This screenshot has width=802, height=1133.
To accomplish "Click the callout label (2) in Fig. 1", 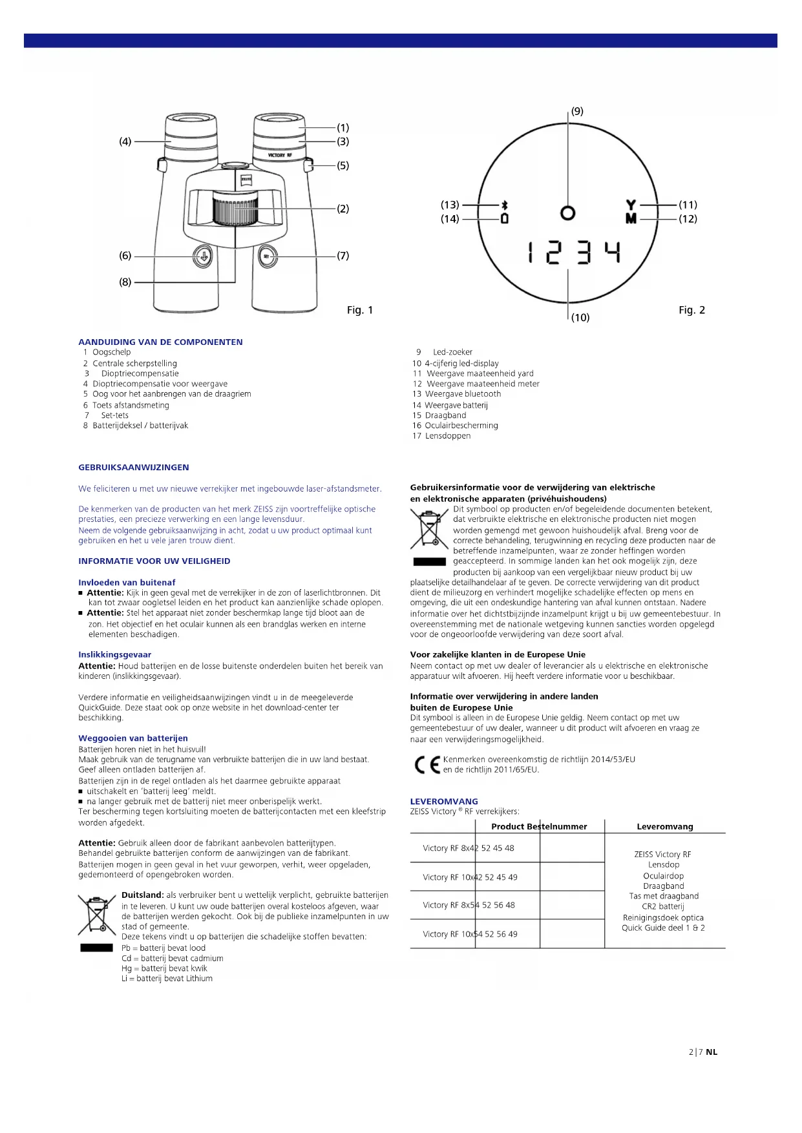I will pyautogui.click(x=343, y=209).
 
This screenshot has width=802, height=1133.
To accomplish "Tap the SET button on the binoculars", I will pyautogui.click(x=268, y=256).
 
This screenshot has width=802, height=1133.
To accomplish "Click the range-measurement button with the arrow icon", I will pyautogui.click(x=202, y=256).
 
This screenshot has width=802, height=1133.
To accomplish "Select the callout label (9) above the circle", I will pyautogui.click(x=577, y=111).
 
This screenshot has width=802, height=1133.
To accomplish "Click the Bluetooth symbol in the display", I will pyautogui.click(x=505, y=205).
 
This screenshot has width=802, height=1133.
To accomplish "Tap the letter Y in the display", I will pyautogui.click(x=631, y=205).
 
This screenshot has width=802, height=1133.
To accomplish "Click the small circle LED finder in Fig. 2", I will pyautogui.click(x=567, y=213).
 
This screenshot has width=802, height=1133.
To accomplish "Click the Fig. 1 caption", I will pyautogui.click(x=360, y=310).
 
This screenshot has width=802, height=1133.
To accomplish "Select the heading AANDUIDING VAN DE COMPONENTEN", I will pyautogui.click(x=160, y=342).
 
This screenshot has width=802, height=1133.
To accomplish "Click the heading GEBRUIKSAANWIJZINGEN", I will pyautogui.click(x=134, y=467).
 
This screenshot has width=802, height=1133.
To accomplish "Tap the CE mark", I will pyautogui.click(x=427, y=765).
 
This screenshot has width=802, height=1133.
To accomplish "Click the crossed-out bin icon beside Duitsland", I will pyautogui.click(x=96, y=914).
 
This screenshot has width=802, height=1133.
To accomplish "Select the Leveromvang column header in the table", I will pyautogui.click(x=664, y=827).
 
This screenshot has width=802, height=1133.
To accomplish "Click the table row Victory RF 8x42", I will pyautogui.click(x=468, y=848).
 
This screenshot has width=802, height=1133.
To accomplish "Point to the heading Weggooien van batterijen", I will pyautogui.click(x=133, y=738).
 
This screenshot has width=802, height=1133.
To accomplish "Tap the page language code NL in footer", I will pyautogui.click(x=712, y=1052).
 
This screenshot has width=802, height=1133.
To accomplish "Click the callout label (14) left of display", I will pyautogui.click(x=450, y=219).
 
